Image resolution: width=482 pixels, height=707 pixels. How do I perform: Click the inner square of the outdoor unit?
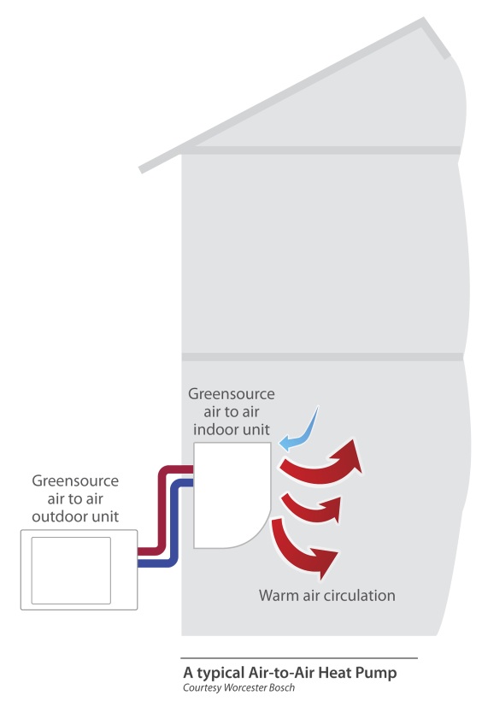(x=71, y=570)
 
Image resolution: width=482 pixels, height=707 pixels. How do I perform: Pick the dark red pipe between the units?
(x=162, y=510)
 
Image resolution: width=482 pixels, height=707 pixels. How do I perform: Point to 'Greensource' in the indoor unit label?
(x=232, y=394)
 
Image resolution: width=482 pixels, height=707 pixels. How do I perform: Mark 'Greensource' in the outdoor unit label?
(x=75, y=480)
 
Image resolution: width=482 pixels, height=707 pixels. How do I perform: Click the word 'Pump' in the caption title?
(x=376, y=673)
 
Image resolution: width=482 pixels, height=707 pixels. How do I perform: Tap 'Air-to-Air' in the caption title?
(x=281, y=673)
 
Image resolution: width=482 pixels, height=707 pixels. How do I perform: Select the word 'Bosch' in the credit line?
(x=282, y=688)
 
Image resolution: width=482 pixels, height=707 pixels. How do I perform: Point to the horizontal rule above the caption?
(x=299, y=658)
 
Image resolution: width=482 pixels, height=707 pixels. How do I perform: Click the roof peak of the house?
(x=423, y=21)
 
